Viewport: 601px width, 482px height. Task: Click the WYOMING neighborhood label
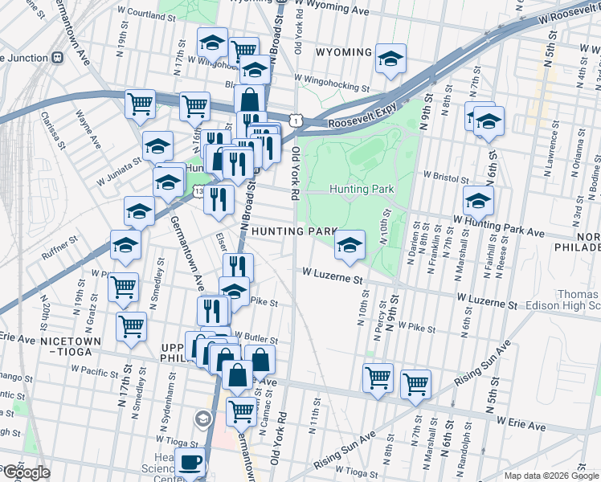(343, 52)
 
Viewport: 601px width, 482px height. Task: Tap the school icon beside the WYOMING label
(390, 59)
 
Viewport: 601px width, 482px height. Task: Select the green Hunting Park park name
(362, 190)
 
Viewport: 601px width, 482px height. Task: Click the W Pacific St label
(95, 370)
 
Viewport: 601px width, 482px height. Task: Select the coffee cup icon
(191, 463)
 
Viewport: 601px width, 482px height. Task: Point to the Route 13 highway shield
(198, 191)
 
